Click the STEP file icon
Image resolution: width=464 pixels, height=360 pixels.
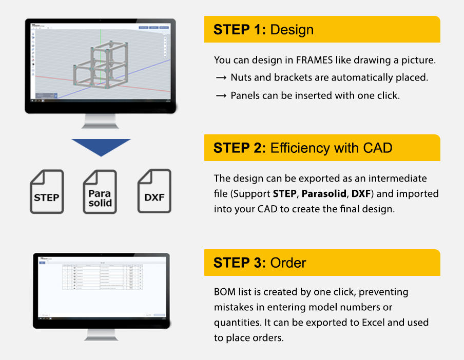point(46,192)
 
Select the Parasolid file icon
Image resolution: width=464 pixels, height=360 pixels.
point(100,192)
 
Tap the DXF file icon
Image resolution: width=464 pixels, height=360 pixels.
point(154,192)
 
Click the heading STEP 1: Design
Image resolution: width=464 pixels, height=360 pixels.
point(264,29)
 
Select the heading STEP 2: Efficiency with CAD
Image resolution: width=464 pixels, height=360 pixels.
point(303,148)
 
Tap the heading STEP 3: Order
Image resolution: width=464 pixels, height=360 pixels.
point(260,263)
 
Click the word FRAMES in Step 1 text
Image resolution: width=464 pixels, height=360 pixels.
point(315,60)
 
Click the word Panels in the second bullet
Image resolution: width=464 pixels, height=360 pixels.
point(244,95)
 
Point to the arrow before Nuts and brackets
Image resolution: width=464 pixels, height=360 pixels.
point(221,78)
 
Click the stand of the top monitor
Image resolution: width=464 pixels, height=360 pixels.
point(101,121)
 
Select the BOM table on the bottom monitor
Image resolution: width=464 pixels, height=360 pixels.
point(102,277)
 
